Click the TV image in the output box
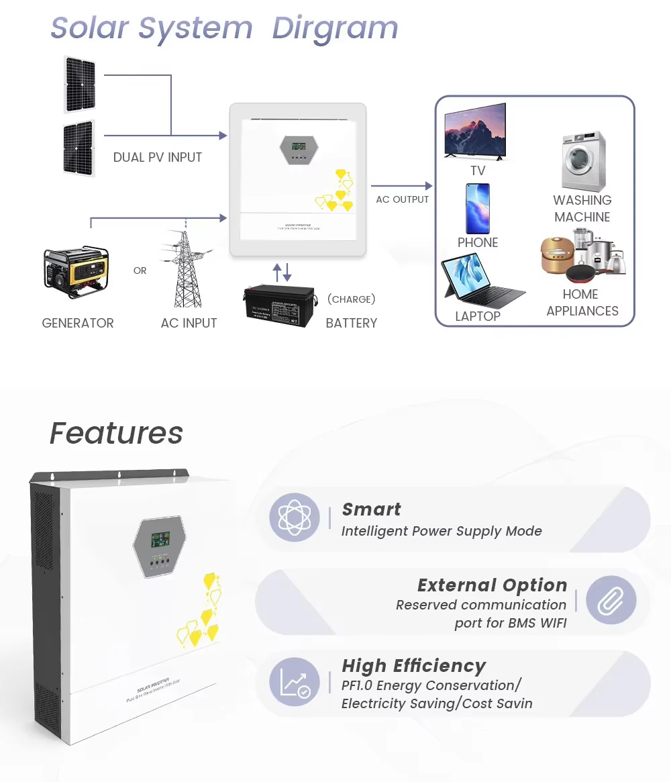pyautogui.click(x=475, y=131)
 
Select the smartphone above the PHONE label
pyautogui.click(x=478, y=208)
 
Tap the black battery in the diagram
pyautogui.click(x=278, y=305)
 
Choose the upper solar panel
pyautogui.click(x=80, y=85)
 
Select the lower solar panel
pyautogui.click(x=79, y=148)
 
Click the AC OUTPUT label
pyautogui.click(x=402, y=199)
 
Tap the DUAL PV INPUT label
pyautogui.click(x=157, y=158)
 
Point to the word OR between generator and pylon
pyautogui.click(x=140, y=271)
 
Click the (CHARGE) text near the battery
pyautogui.click(x=351, y=299)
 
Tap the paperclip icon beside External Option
pyautogui.click(x=611, y=600)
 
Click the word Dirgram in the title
pyautogui.click(x=335, y=28)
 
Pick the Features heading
pyautogui.click(x=116, y=433)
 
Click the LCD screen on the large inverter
pyautogui.click(x=160, y=538)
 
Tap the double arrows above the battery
pyautogui.click(x=282, y=273)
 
